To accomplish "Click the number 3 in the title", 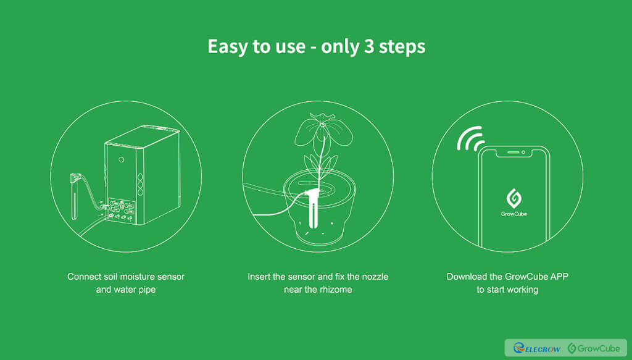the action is [369, 47].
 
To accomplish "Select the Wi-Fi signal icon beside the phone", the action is [470, 139].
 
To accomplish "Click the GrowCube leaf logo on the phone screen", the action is [514, 198].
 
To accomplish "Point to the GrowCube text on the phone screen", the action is [514, 214].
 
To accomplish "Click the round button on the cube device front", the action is [122, 160].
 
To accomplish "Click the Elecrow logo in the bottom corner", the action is [536, 348].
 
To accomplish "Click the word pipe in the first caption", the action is [146, 290].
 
